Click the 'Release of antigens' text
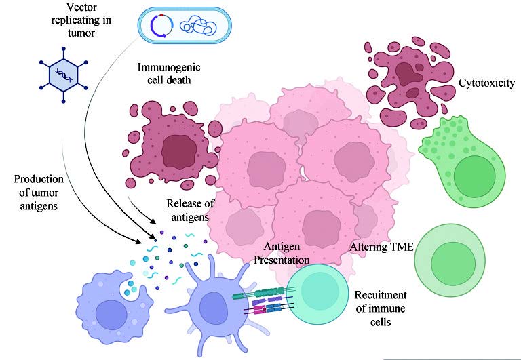click(187, 211)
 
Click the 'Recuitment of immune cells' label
click(381, 308)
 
